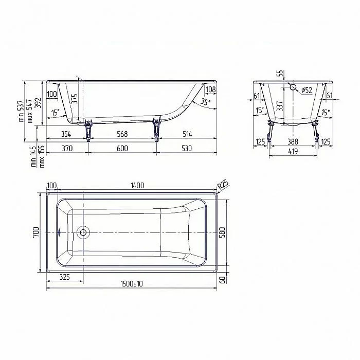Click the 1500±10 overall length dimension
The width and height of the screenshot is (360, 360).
point(132,284)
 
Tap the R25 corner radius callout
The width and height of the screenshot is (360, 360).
point(223,185)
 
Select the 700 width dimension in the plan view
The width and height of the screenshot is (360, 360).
point(37,232)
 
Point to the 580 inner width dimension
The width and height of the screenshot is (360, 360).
point(223,232)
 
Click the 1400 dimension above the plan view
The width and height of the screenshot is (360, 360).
point(137,185)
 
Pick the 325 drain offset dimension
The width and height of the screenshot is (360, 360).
point(65,277)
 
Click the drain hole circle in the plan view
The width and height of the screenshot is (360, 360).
point(83,232)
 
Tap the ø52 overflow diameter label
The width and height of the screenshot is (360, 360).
point(307,90)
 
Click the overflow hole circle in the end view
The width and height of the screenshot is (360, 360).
point(293,87)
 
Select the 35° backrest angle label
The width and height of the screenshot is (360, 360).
point(205,101)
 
